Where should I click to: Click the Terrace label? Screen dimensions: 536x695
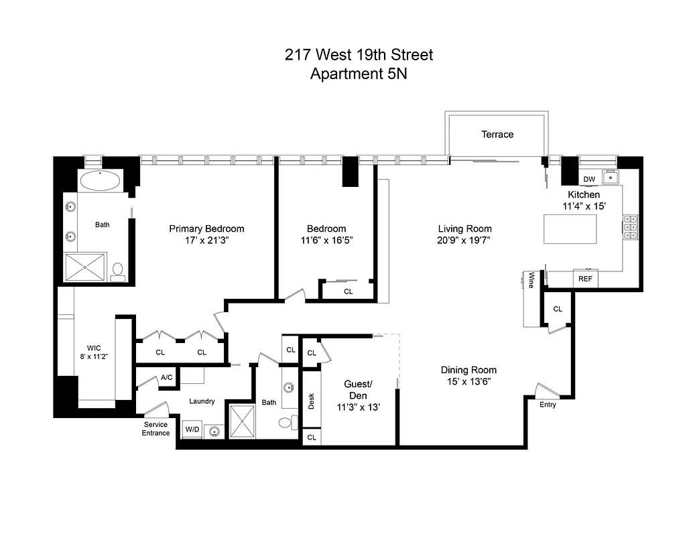[497, 135]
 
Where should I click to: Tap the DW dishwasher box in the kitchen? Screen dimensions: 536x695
[589, 179]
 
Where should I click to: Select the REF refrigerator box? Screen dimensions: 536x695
[585, 279]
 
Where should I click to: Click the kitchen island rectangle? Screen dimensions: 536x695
[568, 229]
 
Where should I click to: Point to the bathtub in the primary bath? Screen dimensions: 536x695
[101, 181]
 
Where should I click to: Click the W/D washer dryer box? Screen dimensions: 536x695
[192, 429]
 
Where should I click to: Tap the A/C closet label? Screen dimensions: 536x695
[166, 378]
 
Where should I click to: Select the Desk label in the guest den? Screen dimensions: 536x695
[312, 401]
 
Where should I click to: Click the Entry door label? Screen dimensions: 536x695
[548, 405]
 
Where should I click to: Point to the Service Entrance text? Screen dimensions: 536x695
[155, 429]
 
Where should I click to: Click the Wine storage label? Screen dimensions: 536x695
[531, 280]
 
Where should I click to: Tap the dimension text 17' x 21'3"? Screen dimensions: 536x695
[206, 240]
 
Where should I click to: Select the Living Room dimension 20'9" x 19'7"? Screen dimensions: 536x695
[465, 240]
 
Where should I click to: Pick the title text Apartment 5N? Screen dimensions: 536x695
[359, 74]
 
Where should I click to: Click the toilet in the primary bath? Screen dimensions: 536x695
[118, 270]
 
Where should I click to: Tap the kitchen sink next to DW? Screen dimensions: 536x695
[610, 178]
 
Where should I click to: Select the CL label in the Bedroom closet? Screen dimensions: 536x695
[349, 291]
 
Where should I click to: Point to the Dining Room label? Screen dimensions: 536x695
[468, 370]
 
